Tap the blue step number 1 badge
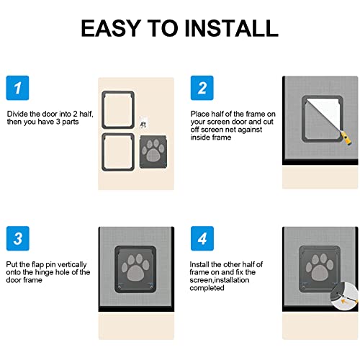coord(18,89)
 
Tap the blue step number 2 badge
coord(202,89)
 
